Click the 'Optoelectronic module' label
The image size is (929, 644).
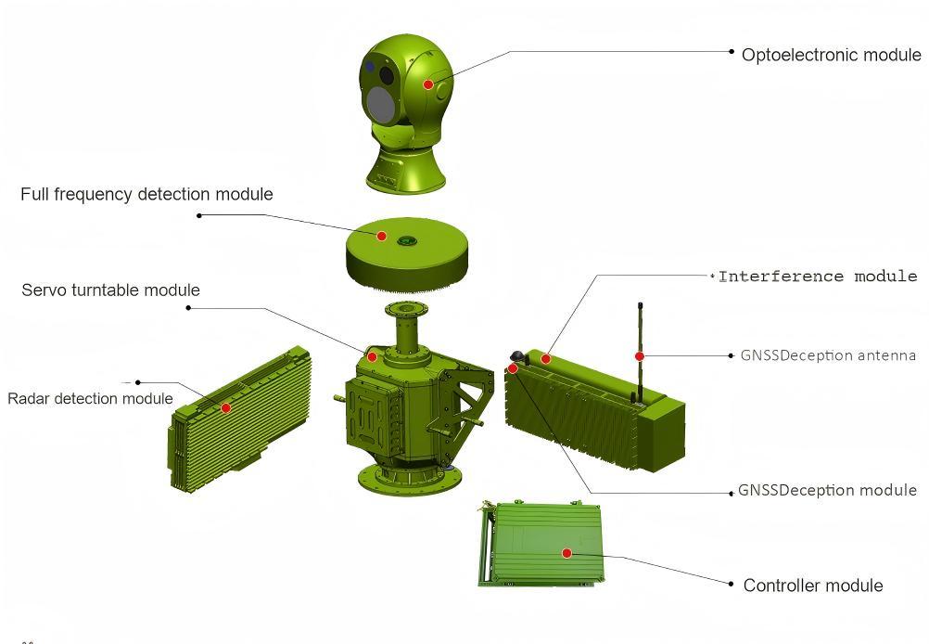(x=832, y=55)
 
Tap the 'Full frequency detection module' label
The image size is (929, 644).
(x=146, y=194)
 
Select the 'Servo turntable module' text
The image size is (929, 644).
(x=110, y=290)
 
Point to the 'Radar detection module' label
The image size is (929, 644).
(x=90, y=398)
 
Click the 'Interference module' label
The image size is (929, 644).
(x=818, y=277)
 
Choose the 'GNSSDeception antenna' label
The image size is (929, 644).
(x=828, y=355)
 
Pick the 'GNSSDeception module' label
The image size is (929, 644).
(x=827, y=490)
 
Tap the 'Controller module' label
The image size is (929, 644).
(x=813, y=586)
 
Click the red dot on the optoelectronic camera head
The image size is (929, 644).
(x=427, y=84)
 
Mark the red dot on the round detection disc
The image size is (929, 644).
(x=382, y=236)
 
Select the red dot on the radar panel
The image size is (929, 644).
(x=225, y=408)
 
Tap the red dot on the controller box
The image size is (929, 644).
(x=566, y=553)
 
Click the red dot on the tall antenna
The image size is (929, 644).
(x=640, y=356)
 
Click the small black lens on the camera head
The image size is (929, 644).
(x=387, y=75)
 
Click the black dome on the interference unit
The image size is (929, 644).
(x=517, y=356)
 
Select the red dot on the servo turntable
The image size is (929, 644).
(x=372, y=356)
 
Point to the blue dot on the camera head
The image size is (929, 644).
(x=370, y=67)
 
